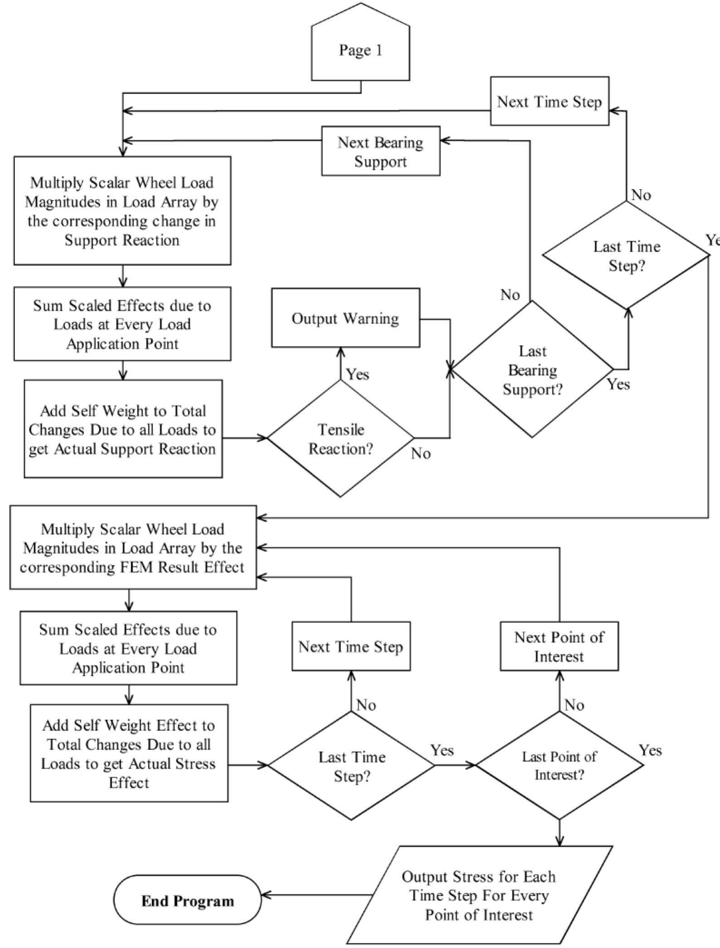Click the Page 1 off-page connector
point(361,50)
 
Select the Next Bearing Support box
point(380,151)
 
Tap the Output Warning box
point(345,318)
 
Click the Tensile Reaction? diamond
point(341,439)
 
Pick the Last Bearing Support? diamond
point(532,370)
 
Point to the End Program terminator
point(187,900)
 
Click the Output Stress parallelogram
point(479,895)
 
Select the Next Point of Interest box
point(559,647)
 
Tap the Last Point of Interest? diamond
point(559,765)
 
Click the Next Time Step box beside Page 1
point(549,101)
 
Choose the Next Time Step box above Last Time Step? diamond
point(351,647)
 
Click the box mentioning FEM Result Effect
point(133,548)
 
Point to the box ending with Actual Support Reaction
point(123,430)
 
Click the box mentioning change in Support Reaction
point(122,211)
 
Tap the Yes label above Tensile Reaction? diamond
point(358,375)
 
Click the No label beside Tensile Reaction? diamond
point(421,454)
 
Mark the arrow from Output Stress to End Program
point(318,895)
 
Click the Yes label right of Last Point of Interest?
point(650,750)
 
